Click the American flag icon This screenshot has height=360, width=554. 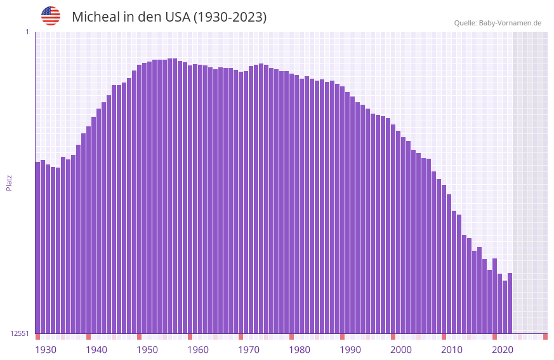[x=51, y=16]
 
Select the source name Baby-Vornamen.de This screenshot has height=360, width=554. [x=510, y=23]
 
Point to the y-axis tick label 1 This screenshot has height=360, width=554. [x=27, y=32]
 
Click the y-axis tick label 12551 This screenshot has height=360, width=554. [x=20, y=333]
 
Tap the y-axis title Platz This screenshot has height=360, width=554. [x=9, y=182]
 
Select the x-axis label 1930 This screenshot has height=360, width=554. [x=46, y=350]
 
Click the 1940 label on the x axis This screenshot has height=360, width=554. [x=96, y=350]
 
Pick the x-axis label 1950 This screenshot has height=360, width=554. [x=147, y=350]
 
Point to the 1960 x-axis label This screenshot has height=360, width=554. [x=198, y=350]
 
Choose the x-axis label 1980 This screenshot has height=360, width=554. [x=300, y=350]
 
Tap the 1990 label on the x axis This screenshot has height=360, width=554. [x=350, y=350]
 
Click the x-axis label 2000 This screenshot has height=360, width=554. [x=401, y=350]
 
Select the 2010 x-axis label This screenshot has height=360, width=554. [x=452, y=350]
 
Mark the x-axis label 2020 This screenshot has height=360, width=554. [x=503, y=350]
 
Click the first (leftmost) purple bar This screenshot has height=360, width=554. [x=37, y=248]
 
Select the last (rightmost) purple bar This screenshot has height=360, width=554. [x=510, y=303]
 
